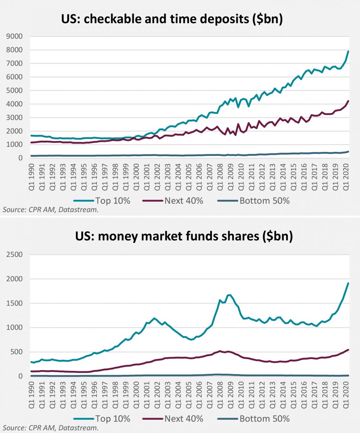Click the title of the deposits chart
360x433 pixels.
172,19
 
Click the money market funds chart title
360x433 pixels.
183,237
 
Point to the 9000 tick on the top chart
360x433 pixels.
15,36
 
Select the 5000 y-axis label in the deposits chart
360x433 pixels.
15,91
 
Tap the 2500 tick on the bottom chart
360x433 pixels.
15,255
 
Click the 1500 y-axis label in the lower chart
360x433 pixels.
15,303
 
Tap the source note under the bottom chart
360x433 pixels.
51,428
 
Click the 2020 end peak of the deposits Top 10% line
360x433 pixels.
348,51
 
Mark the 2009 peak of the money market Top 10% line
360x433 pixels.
230,295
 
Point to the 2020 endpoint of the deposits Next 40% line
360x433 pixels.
348,101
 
